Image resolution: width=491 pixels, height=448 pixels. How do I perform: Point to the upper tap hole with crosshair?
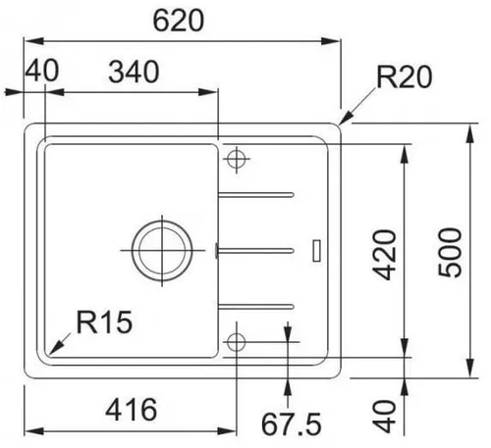236,159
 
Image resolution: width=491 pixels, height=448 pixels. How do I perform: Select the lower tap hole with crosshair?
236,340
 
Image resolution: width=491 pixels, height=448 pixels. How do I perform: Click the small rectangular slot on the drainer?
315,250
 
